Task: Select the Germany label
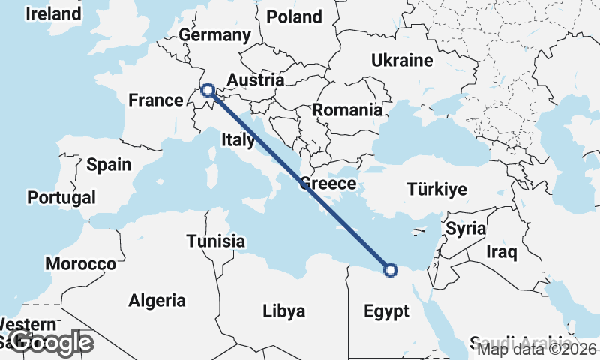click(x=214, y=35)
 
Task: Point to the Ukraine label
click(x=402, y=61)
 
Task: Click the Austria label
click(x=255, y=80)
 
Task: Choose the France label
click(x=156, y=100)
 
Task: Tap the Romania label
click(x=347, y=110)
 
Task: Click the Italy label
click(x=238, y=139)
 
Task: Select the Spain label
click(x=109, y=165)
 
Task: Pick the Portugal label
click(x=61, y=198)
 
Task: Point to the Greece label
click(x=328, y=184)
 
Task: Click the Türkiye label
click(x=436, y=189)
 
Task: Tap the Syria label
click(x=466, y=229)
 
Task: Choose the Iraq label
click(x=502, y=252)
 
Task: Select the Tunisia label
click(x=216, y=241)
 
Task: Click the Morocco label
click(x=80, y=264)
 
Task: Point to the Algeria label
click(x=157, y=301)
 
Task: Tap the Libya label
click(x=284, y=310)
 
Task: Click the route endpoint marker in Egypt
click(x=390, y=270)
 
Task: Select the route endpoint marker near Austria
click(x=208, y=91)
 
